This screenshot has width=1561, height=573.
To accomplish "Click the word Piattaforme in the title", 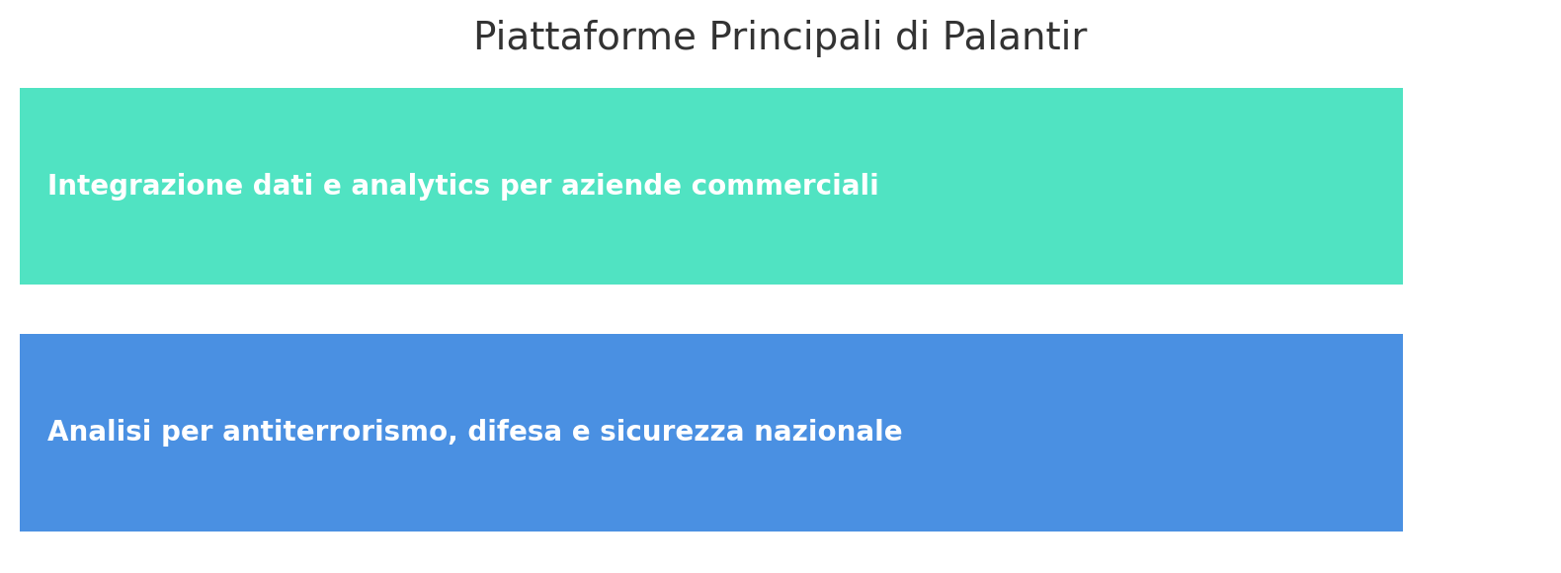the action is (x=585, y=37).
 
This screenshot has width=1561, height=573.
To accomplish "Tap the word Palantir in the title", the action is (x=1015, y=37).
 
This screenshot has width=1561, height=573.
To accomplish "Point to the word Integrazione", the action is (x=145, y=186).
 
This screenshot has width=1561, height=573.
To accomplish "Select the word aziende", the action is (x=620, y=186).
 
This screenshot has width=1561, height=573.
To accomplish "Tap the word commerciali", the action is (x=784, y=186).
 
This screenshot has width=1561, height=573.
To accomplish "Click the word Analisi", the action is (x=99, y=431).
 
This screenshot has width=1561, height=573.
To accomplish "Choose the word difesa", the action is (x=515, y=431).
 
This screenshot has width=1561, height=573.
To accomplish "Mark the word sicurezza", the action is (x=672, y=431).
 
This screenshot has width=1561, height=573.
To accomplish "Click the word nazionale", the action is (x=828, y=431).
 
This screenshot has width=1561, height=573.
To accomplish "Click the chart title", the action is (x=780, y=38).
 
